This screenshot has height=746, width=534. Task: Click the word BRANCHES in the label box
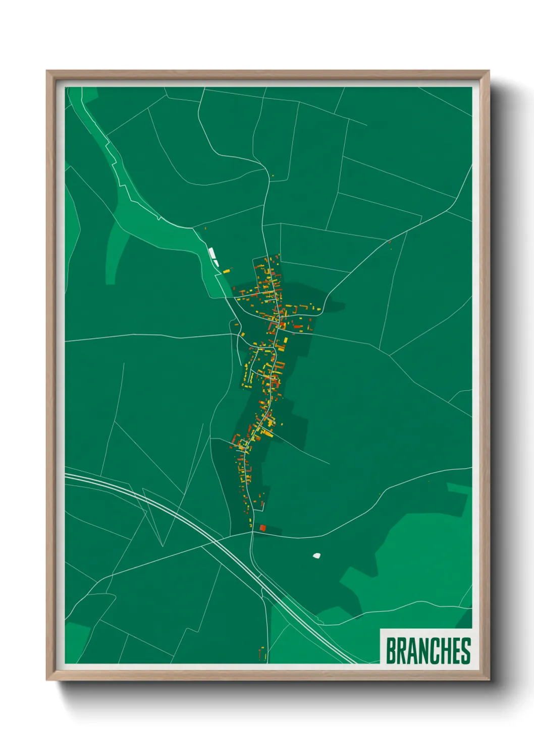[428, 651]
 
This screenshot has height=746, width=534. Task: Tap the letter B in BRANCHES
[391, 651]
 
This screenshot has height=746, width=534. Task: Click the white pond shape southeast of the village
[316, 556]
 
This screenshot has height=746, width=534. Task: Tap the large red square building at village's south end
[262, 528]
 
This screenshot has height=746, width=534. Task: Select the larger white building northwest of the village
[212, 253]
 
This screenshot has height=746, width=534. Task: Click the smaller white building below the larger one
[216, 263]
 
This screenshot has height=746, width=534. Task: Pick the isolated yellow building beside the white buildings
[227, 271]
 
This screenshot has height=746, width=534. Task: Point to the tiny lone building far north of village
[273, 175]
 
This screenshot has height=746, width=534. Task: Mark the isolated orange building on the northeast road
[389, 242]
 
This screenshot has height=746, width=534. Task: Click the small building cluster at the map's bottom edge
[262, 654]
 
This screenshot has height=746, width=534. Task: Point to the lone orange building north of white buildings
[206, 228]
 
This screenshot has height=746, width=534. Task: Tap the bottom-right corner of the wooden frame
[489, 679]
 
